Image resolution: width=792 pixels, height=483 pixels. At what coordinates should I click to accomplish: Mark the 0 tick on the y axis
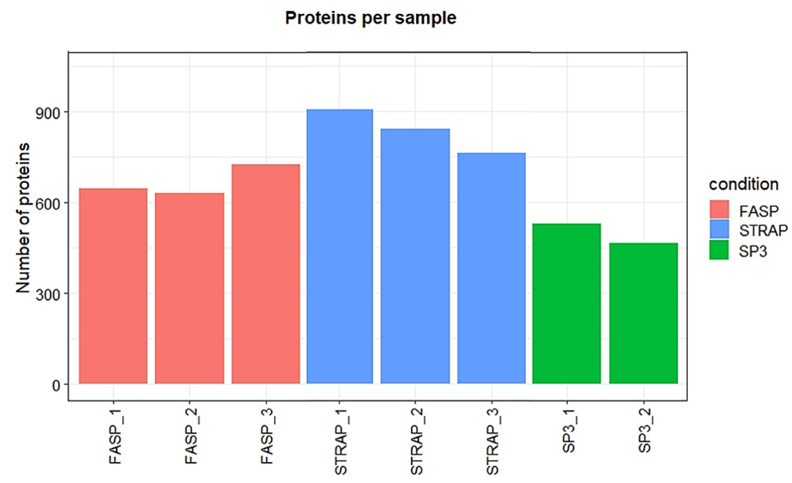coord(56,385)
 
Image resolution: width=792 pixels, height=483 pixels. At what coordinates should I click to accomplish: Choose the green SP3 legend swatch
coord(719,250)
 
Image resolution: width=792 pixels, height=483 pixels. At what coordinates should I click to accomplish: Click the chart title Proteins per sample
coord(371,18)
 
